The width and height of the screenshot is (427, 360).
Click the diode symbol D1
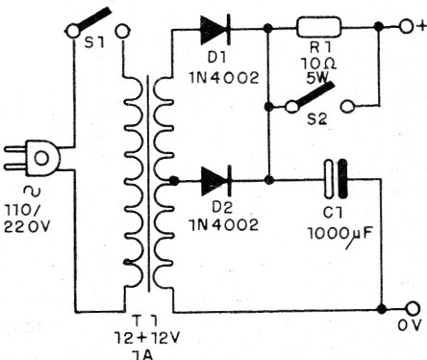pyautogui.click(x=214, y=32)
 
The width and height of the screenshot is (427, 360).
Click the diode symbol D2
pyautogui.click(x=213, y=179)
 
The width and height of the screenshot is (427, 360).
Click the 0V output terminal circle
pyautogui.click(x=411, y=309)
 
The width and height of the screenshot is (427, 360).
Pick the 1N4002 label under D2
pyautogui.click(x=222, y=225)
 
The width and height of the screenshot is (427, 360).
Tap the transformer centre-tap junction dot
pyautogui.click(x=170, y=180)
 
